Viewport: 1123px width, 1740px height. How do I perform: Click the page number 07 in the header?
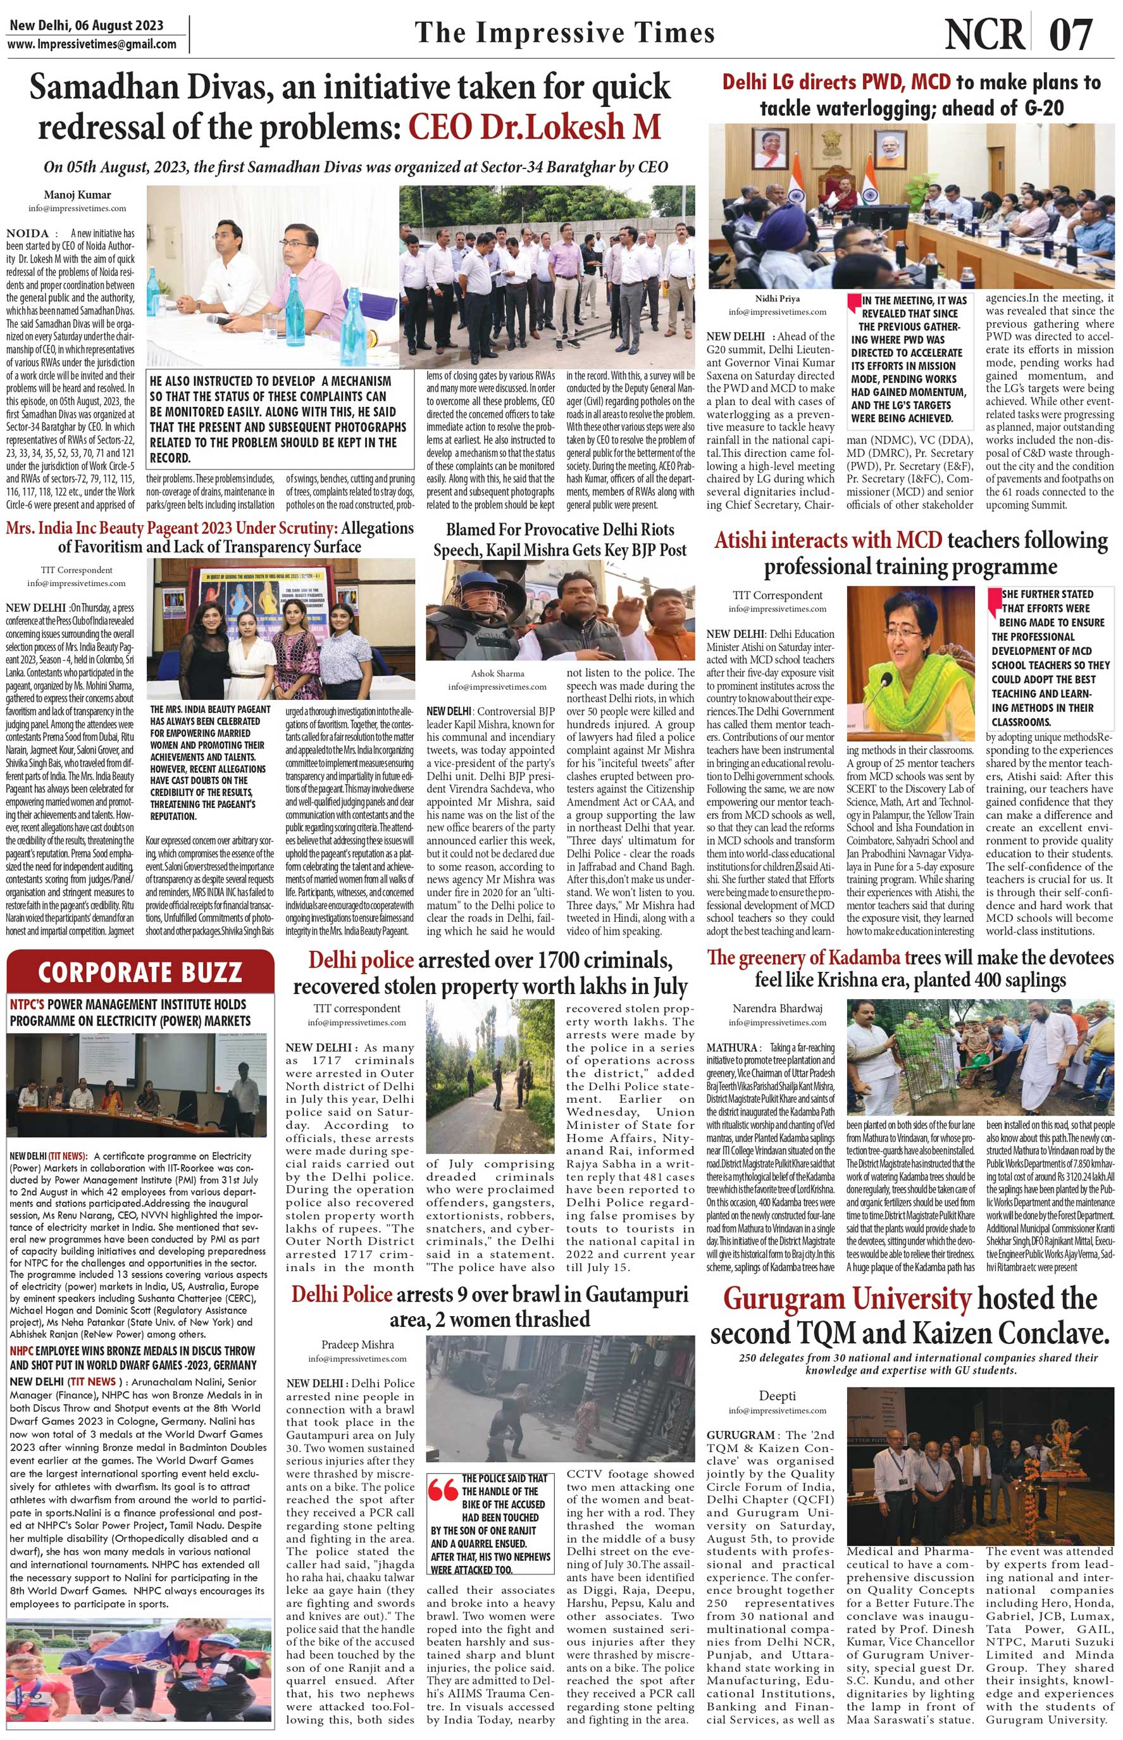click(x=1071, y=34)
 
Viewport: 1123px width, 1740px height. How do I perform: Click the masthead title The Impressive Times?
click(x=564, y=33)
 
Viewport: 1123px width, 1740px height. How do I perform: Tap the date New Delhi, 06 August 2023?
click(x=86, y=25)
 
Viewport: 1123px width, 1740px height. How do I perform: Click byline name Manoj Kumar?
click(x=77, y=195)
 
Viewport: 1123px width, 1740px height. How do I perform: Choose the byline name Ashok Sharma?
click(x=497, y=673)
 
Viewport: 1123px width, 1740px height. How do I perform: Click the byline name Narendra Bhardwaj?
click(x=778, y=1009)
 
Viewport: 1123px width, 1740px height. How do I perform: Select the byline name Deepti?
click(x=778, y=1396)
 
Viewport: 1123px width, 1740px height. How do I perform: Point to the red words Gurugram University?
click(x=847, y=1299)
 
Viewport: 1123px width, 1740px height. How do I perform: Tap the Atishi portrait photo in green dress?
click(x=911, y=662)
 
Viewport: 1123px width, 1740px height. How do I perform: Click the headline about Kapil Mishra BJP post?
click(x=560, y=540)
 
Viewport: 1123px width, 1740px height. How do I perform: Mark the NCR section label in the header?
click(x=984, y=34)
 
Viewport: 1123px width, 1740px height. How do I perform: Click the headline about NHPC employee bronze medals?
click(x=133, y=1358)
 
